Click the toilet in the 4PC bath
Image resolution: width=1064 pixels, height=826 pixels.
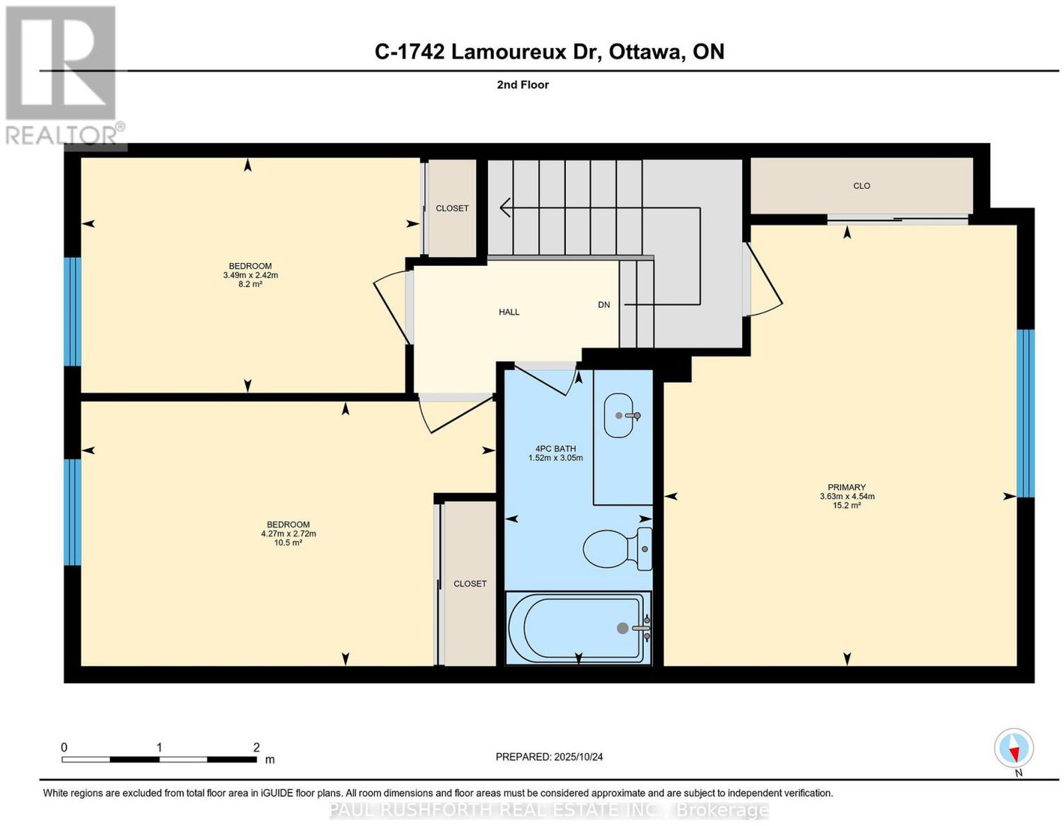pyautogui.click(x=617, y=549)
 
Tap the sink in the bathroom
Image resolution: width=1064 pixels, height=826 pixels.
pyautogui.click(x=619, y=415)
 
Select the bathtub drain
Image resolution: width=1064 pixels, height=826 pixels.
pyautogui.click(x=622, y=629)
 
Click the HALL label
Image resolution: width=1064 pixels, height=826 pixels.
pyautogui.click(x=509, y=312)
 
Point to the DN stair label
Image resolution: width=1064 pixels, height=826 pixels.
pyautogui.click(x=604, y=304)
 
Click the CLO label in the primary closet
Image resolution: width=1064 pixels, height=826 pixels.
pyautogui.click(x=861, y=186)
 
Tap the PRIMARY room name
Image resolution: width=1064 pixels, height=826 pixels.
pyautogui.click(x=847, y=487)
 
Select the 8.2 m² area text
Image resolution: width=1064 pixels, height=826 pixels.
pyautogui.click(x=250, y=284)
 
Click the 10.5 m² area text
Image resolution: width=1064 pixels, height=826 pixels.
pyautogui.click(x=288, y=542)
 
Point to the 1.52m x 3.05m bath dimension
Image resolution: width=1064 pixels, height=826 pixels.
pyautogui.click(x=555, y=458)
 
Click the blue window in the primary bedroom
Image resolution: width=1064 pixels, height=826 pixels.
pyautogui.click(x=1025, y=413)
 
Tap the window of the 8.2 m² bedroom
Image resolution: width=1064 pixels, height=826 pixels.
pyautogui.click(x=72, y=312)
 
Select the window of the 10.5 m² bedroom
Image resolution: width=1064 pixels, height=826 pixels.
pyautogui.click(x=72, y=512)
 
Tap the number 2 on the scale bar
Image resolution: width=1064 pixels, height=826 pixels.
pyautogui.click(x=256, y=748)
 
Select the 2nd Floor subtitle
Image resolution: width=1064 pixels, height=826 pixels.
pyautogui.click(x=523, y=84)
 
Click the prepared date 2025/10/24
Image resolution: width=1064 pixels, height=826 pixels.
pyautogui.click(x=579, y=757)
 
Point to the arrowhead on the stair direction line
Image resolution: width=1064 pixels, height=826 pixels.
pyautogui.click(x=505, y=207)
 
